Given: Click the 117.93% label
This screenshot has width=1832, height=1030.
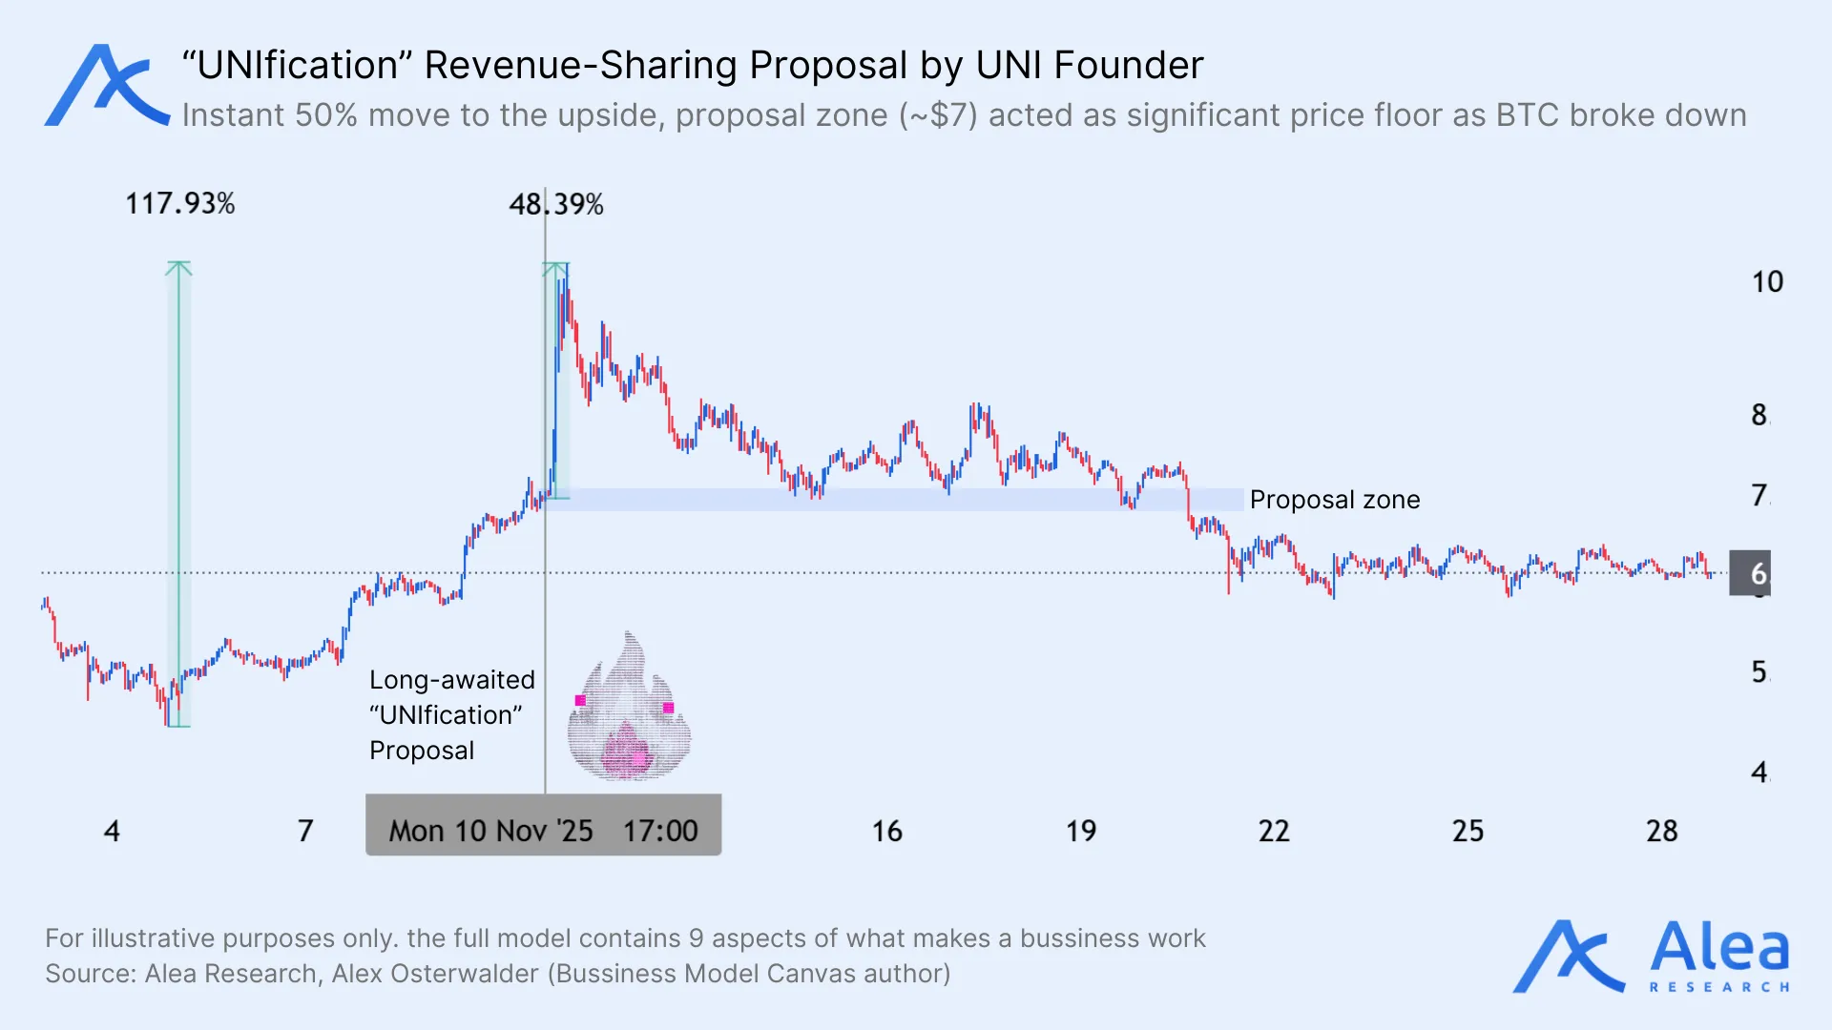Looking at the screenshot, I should [179, 204].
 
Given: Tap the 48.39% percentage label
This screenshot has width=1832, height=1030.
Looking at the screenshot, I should [555, 204].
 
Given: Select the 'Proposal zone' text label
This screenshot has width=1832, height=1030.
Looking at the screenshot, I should [1334, 500].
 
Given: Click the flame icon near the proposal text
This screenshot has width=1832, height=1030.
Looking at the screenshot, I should [629, 710].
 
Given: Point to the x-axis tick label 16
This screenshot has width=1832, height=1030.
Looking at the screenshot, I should [886, 832].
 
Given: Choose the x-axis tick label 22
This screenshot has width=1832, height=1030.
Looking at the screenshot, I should [1273, 832].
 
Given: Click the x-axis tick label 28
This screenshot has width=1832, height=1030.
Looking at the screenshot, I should [1661, 832].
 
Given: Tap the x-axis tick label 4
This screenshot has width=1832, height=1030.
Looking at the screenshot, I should [112, 832].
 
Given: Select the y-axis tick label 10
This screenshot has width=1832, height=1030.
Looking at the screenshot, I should [1766, 282].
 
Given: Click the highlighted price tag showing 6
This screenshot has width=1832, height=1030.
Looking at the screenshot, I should [1750, 573].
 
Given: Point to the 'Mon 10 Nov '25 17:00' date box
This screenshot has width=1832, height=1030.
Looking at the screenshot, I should [543, 826].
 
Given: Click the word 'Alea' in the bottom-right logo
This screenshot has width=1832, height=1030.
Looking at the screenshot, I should [1719, 948].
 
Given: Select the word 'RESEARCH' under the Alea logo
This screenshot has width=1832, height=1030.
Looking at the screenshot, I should [1719, 987].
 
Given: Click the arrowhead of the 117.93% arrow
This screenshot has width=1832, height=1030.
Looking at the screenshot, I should [178, 268].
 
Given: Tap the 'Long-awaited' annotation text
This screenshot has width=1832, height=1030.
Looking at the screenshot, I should [451, 680].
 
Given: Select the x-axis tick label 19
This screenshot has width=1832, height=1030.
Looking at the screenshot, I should [1080, 832].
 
